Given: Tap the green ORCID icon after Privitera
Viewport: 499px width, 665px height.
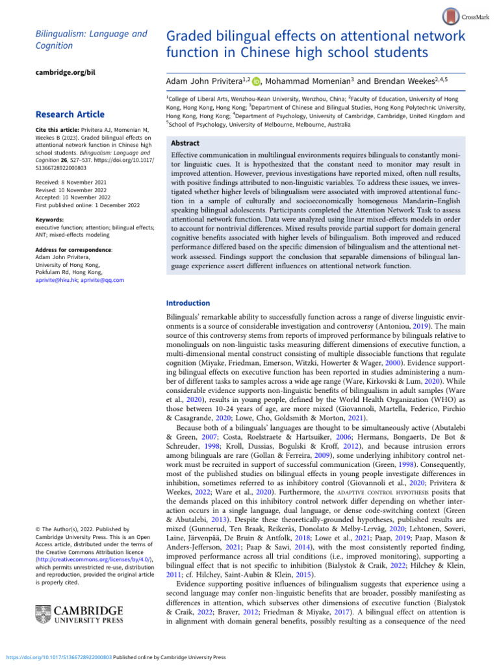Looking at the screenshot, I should coord(256,82).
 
